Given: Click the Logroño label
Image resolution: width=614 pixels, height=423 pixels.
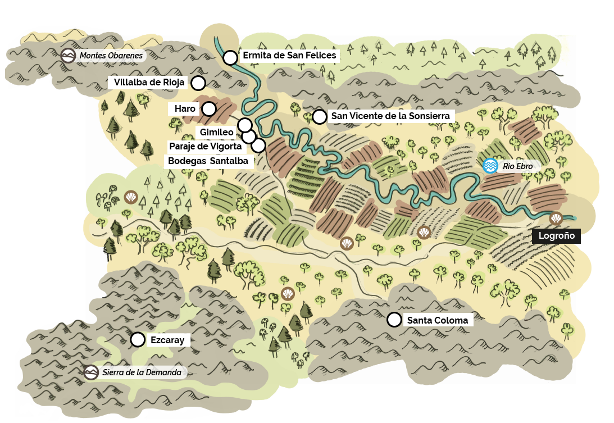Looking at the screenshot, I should click(x=556, y=236).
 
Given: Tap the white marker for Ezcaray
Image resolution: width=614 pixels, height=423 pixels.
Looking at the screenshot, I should click(x=138, y=339).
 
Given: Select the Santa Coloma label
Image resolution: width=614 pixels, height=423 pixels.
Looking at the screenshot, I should click(x=438, y=320).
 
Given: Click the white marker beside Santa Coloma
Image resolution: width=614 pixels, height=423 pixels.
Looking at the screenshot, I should click(x=394, y=320).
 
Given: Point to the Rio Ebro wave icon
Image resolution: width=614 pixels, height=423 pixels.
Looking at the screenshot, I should click(x=490, y=166).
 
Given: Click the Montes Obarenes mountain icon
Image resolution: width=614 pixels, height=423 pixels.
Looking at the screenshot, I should click(x=68, y=56).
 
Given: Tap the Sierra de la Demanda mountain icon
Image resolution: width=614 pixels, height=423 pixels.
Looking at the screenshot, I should click(x=91, y=372).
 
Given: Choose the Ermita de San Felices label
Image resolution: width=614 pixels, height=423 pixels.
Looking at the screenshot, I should click(x=289, y=56).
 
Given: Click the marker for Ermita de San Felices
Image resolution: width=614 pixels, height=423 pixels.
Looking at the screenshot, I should click(x=230, y=57).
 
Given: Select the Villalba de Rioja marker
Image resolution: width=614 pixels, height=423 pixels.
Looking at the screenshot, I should click(x=198, y=83).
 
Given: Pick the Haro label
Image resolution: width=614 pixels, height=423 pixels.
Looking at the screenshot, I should click(x=181, y=108).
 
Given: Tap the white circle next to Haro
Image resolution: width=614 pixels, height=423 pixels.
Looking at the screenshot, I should click(x=208, y=108).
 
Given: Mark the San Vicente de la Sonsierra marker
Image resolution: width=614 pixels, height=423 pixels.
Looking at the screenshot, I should click(x=319, y=116).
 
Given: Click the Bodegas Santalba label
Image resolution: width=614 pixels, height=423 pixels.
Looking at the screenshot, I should click(x=208, y=161).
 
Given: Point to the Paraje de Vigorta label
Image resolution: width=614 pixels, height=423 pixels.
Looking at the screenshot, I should click(x=205, y=147).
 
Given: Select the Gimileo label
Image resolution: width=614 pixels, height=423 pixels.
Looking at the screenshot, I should click(x=217, y=132).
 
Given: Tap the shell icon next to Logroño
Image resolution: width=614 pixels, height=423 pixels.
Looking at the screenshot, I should click(x=556, y=218).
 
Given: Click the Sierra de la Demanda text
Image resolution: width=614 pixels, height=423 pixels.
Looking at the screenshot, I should click(x=142, y=372).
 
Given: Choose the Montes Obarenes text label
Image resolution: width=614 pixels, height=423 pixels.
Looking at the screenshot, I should click(x=111, y=56).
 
